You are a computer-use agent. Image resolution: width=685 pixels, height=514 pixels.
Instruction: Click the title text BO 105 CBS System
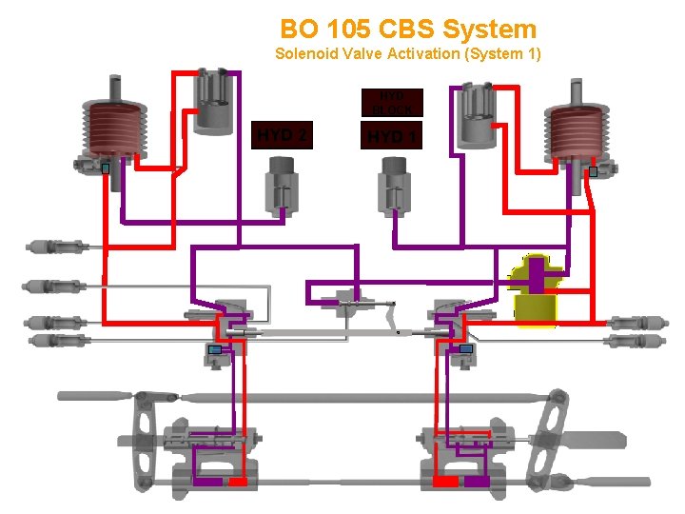coord(408,30)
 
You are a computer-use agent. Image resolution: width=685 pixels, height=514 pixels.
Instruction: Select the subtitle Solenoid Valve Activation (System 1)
coord(408,54)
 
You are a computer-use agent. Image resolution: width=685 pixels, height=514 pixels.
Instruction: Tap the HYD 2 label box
coord(281,135)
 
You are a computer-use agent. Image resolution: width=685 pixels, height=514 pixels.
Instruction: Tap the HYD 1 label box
coord(392,137)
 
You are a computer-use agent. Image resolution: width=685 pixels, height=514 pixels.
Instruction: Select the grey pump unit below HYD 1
coord(394,186)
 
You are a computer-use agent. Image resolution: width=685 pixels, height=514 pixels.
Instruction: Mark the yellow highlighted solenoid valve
coord(536,291)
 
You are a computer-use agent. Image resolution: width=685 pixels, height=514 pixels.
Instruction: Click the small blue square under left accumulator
coord(107,169)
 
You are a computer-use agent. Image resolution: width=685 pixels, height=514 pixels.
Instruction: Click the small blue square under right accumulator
coord(593,172)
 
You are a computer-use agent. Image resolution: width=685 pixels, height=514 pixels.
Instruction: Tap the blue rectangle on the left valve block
coord(215,350)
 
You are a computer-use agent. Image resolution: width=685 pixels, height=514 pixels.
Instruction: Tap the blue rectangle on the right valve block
coord(466,349)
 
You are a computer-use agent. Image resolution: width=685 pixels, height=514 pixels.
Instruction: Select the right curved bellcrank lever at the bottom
coord(546,419)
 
